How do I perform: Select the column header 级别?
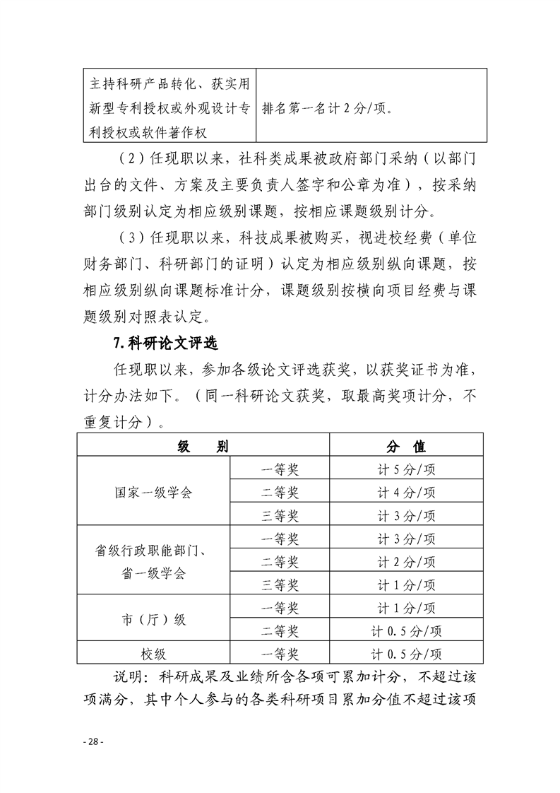203,447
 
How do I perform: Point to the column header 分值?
406,447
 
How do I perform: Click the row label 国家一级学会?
153,492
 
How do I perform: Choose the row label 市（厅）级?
153,619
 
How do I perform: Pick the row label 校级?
153,653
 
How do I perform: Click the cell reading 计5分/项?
406,469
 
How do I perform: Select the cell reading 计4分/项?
406,492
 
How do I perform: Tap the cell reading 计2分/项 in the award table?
406,562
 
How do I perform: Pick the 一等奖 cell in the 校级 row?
280,653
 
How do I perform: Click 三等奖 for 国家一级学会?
280,515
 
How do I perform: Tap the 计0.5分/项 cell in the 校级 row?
406,653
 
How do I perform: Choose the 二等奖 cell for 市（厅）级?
280,630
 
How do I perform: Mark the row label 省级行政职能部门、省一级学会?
153,562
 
